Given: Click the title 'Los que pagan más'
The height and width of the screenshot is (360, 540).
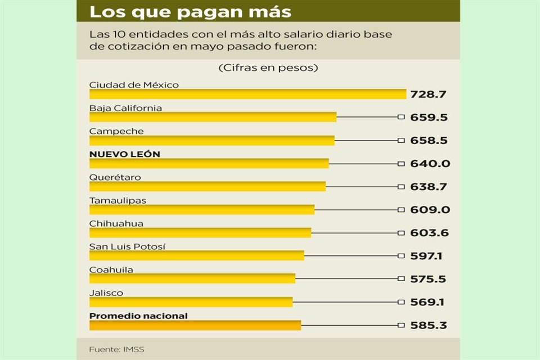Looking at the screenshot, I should [191, 11].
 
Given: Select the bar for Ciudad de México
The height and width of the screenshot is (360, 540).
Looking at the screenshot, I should [247, 94].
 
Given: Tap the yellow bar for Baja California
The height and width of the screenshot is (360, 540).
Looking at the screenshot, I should [213, 117].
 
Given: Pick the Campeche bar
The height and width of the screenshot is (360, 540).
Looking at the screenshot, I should [211, 140].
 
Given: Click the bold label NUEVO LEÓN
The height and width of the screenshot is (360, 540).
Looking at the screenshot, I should [124, 154].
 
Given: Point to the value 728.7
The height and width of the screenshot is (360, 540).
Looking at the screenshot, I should [427, 94].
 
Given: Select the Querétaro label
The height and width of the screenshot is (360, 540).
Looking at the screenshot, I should [115, 177].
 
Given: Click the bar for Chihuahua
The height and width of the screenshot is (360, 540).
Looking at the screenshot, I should [200, 232].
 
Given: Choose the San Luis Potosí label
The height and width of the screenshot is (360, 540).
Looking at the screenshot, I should [127, 246].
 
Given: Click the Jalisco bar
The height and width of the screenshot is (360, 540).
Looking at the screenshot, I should [191, 301].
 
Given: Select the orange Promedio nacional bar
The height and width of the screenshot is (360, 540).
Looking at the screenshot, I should [195, 325].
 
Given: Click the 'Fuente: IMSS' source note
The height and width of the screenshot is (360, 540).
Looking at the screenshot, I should [116, 349].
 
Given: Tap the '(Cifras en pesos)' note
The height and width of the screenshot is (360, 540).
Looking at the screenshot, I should [268, 68].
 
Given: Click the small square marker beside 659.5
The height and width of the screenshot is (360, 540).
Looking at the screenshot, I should [400, 117].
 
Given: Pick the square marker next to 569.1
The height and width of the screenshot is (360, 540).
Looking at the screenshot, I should [400, 302].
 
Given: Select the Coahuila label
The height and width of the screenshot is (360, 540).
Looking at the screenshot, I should [111, 269].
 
